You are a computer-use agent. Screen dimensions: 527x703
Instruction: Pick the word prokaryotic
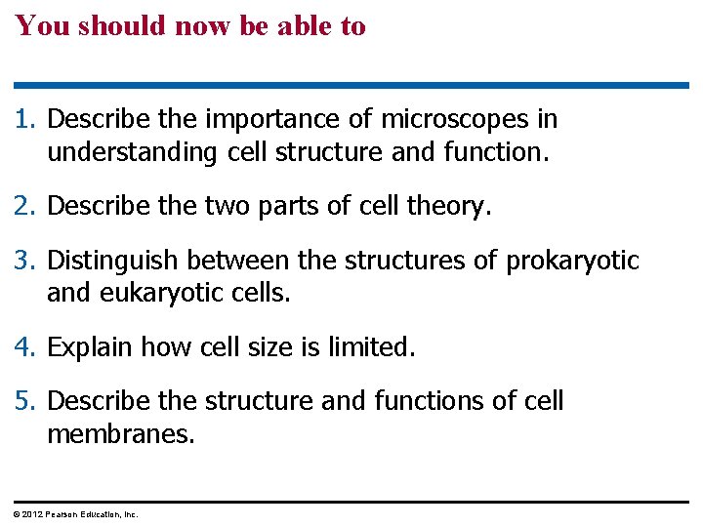click(572, 262)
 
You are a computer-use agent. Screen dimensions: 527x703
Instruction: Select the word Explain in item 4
click(90, 347)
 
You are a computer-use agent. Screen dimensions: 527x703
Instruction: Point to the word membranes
click(120, 434)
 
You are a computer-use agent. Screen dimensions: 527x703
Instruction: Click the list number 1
click(24, 120)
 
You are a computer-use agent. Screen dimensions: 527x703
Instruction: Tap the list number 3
click(24, 262)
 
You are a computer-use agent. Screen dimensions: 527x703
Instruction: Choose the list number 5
click(24, 401)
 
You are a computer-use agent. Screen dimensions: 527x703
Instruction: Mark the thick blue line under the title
click(351, 86)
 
